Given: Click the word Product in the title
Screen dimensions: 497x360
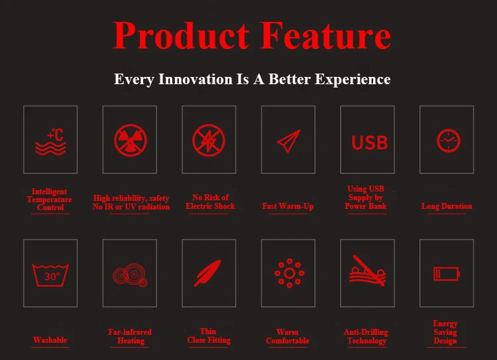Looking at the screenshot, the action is click(x=181, y=36).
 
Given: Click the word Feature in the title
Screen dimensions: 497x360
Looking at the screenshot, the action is click(x=325, y=36).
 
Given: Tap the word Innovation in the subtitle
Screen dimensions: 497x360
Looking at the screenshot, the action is click(x=195, y=79).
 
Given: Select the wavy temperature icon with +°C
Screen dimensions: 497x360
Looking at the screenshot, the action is click(x=50, y=141).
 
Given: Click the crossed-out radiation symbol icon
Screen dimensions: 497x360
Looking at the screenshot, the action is click(x=131, y=140).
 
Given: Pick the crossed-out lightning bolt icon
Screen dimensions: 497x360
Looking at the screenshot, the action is click(x=209, y=140).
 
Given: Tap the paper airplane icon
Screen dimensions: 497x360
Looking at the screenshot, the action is click(x=289, y=141).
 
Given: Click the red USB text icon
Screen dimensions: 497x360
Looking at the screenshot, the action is click(x=370, y=143).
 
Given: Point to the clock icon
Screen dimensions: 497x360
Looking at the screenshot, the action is click(x=448, y=141).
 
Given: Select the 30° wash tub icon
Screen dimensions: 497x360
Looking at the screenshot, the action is click(x=50, y=275).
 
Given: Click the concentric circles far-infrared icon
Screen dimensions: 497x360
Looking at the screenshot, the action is click(x=131, y=274).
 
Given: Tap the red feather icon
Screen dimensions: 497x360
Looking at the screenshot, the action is click(x=207, y=273).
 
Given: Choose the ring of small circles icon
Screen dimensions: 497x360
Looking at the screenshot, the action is click(x=290, y=273).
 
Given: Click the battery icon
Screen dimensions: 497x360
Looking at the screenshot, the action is click(x=447, y=274).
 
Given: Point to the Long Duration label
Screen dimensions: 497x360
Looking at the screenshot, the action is click(x=447, y=206).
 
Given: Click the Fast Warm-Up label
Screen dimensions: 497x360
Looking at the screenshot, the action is click(x=288, y=206).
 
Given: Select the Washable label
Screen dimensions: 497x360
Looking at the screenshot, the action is click(x=50, y=340).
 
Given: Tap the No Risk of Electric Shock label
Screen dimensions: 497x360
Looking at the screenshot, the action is click(x=210, y=202).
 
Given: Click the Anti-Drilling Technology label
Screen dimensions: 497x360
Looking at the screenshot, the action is click(x=366, y=336).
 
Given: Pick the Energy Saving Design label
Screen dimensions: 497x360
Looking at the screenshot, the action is click(x=445, y=332).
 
